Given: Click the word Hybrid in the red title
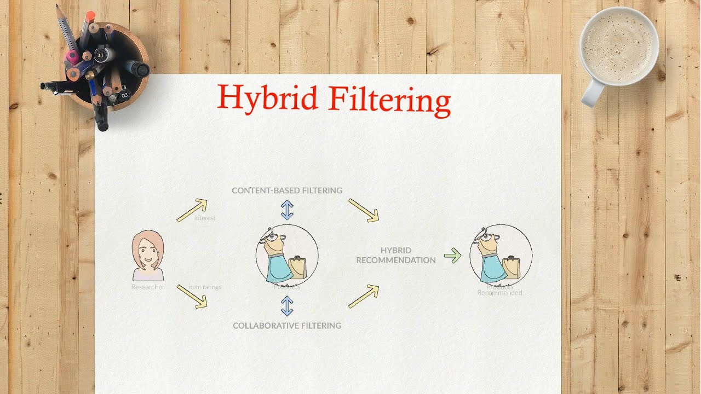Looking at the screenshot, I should tap(268, 97).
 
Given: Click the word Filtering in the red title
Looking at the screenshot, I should tap(390, 101).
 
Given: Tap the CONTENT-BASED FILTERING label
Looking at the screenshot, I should tap(287, 190).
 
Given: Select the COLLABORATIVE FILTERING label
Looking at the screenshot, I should tap(287, 326).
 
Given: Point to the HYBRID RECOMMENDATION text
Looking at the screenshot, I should tap(396, 255).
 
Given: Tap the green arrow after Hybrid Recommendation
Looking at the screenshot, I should tap(452, 255).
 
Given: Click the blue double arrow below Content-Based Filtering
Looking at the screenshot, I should tap(287, 210).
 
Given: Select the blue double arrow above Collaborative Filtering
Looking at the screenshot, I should tap(287, 306).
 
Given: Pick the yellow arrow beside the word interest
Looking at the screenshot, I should tap(192, 211).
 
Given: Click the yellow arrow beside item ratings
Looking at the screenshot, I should tap(192, 296).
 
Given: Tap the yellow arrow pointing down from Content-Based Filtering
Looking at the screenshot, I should tap(364, 211).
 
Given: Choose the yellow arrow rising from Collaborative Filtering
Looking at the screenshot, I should tap(364, 297).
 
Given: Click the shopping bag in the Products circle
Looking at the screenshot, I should tap(297, 267).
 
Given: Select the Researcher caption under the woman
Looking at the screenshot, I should tap(148, 287).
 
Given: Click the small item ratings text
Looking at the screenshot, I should tap(205, 287).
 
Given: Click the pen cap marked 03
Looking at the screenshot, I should tap(125, 96).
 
